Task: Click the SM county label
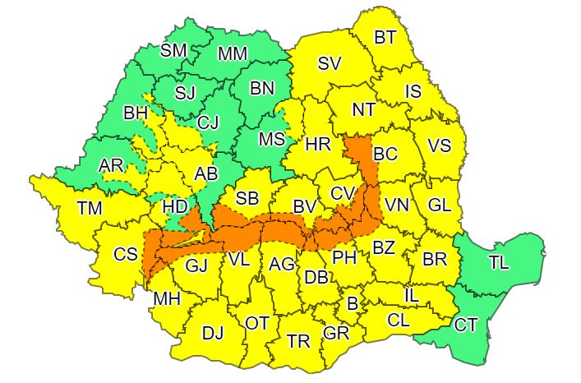coord(173,50)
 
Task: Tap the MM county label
coord(233,54)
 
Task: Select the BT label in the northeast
coord(385,37)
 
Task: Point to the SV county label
coord(330,63)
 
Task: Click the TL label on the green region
coord(498,263)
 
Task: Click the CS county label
coord(125,254)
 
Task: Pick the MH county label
coord(168,298)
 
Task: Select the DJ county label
coord(213,333)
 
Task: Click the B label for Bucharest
coord(353,303)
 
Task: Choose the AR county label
coord(110,166)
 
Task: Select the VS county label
coord(440,146)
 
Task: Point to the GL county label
coord(440,206)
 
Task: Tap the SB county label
coord(247,198)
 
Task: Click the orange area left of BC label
coord(357,151)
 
